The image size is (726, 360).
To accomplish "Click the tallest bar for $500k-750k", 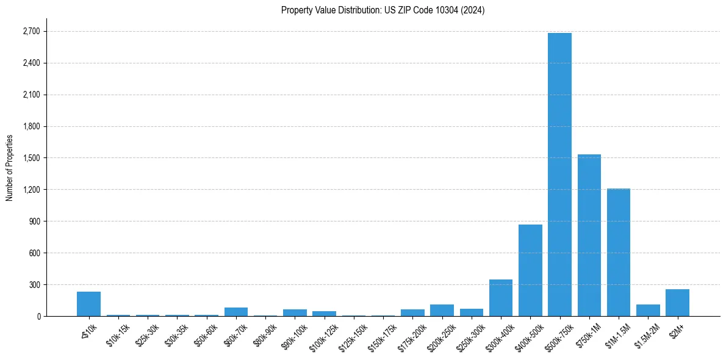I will [x=559, y=175].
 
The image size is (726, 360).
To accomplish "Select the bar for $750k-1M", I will [x=589, y=236].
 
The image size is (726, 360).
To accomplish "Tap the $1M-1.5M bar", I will [x=618, y=253].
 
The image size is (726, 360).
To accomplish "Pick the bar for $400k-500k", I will [x=530, y=270].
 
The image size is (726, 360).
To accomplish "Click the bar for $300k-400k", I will [x=501, y=298].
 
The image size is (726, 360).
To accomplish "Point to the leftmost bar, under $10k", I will [x=89, y=304].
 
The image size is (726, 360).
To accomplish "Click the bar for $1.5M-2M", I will [x=648, y=310].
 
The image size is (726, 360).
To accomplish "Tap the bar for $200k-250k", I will [x=442, y=310].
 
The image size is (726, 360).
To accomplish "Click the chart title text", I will [x=383, y=10].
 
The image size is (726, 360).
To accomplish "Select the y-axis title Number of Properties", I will [x=10, y=168].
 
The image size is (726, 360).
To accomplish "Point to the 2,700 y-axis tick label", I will [x=31, y=32].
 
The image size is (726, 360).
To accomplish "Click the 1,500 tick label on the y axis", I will [x=31, y=158].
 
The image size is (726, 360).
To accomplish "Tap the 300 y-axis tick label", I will [x=34, y=285].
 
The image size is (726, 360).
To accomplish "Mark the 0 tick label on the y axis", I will [x=38, y=317].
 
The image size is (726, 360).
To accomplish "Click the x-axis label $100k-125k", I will [x=323, y=334].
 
